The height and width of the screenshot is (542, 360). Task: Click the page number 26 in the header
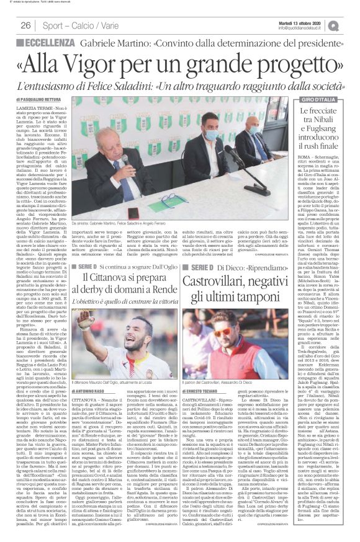pyautogui.click(x=26, y=25)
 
